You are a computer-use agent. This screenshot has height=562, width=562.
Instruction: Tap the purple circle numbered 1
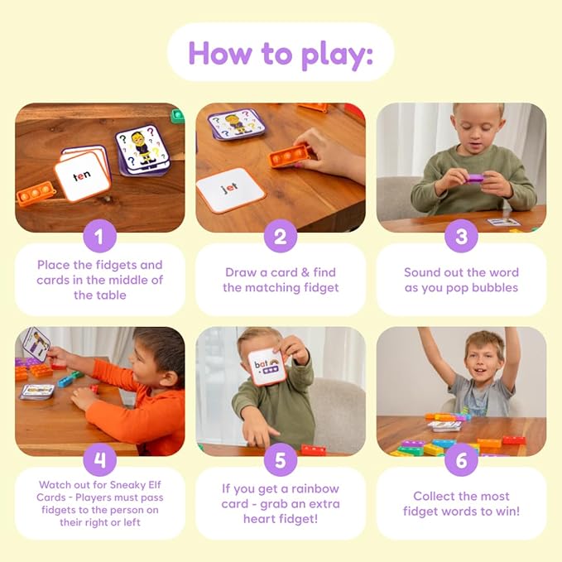coord(99,238)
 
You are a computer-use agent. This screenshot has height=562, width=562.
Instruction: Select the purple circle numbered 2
coord(281,238)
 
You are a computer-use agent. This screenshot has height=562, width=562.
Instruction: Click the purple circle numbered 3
coord(461,238)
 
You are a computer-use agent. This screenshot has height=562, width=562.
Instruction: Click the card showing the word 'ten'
coord(82,176)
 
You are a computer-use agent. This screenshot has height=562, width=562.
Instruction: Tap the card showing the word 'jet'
coord(229,190)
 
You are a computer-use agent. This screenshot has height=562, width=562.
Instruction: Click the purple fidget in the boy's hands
coord(474,176)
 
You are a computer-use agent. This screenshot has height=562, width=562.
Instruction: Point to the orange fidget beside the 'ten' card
coord(36,195)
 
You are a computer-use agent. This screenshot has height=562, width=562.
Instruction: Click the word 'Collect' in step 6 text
coord(435,496)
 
